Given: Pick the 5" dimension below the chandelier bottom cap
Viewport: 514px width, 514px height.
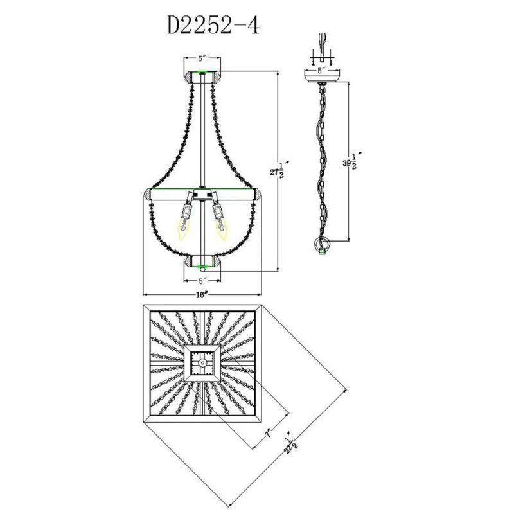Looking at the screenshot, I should coord(202,281).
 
